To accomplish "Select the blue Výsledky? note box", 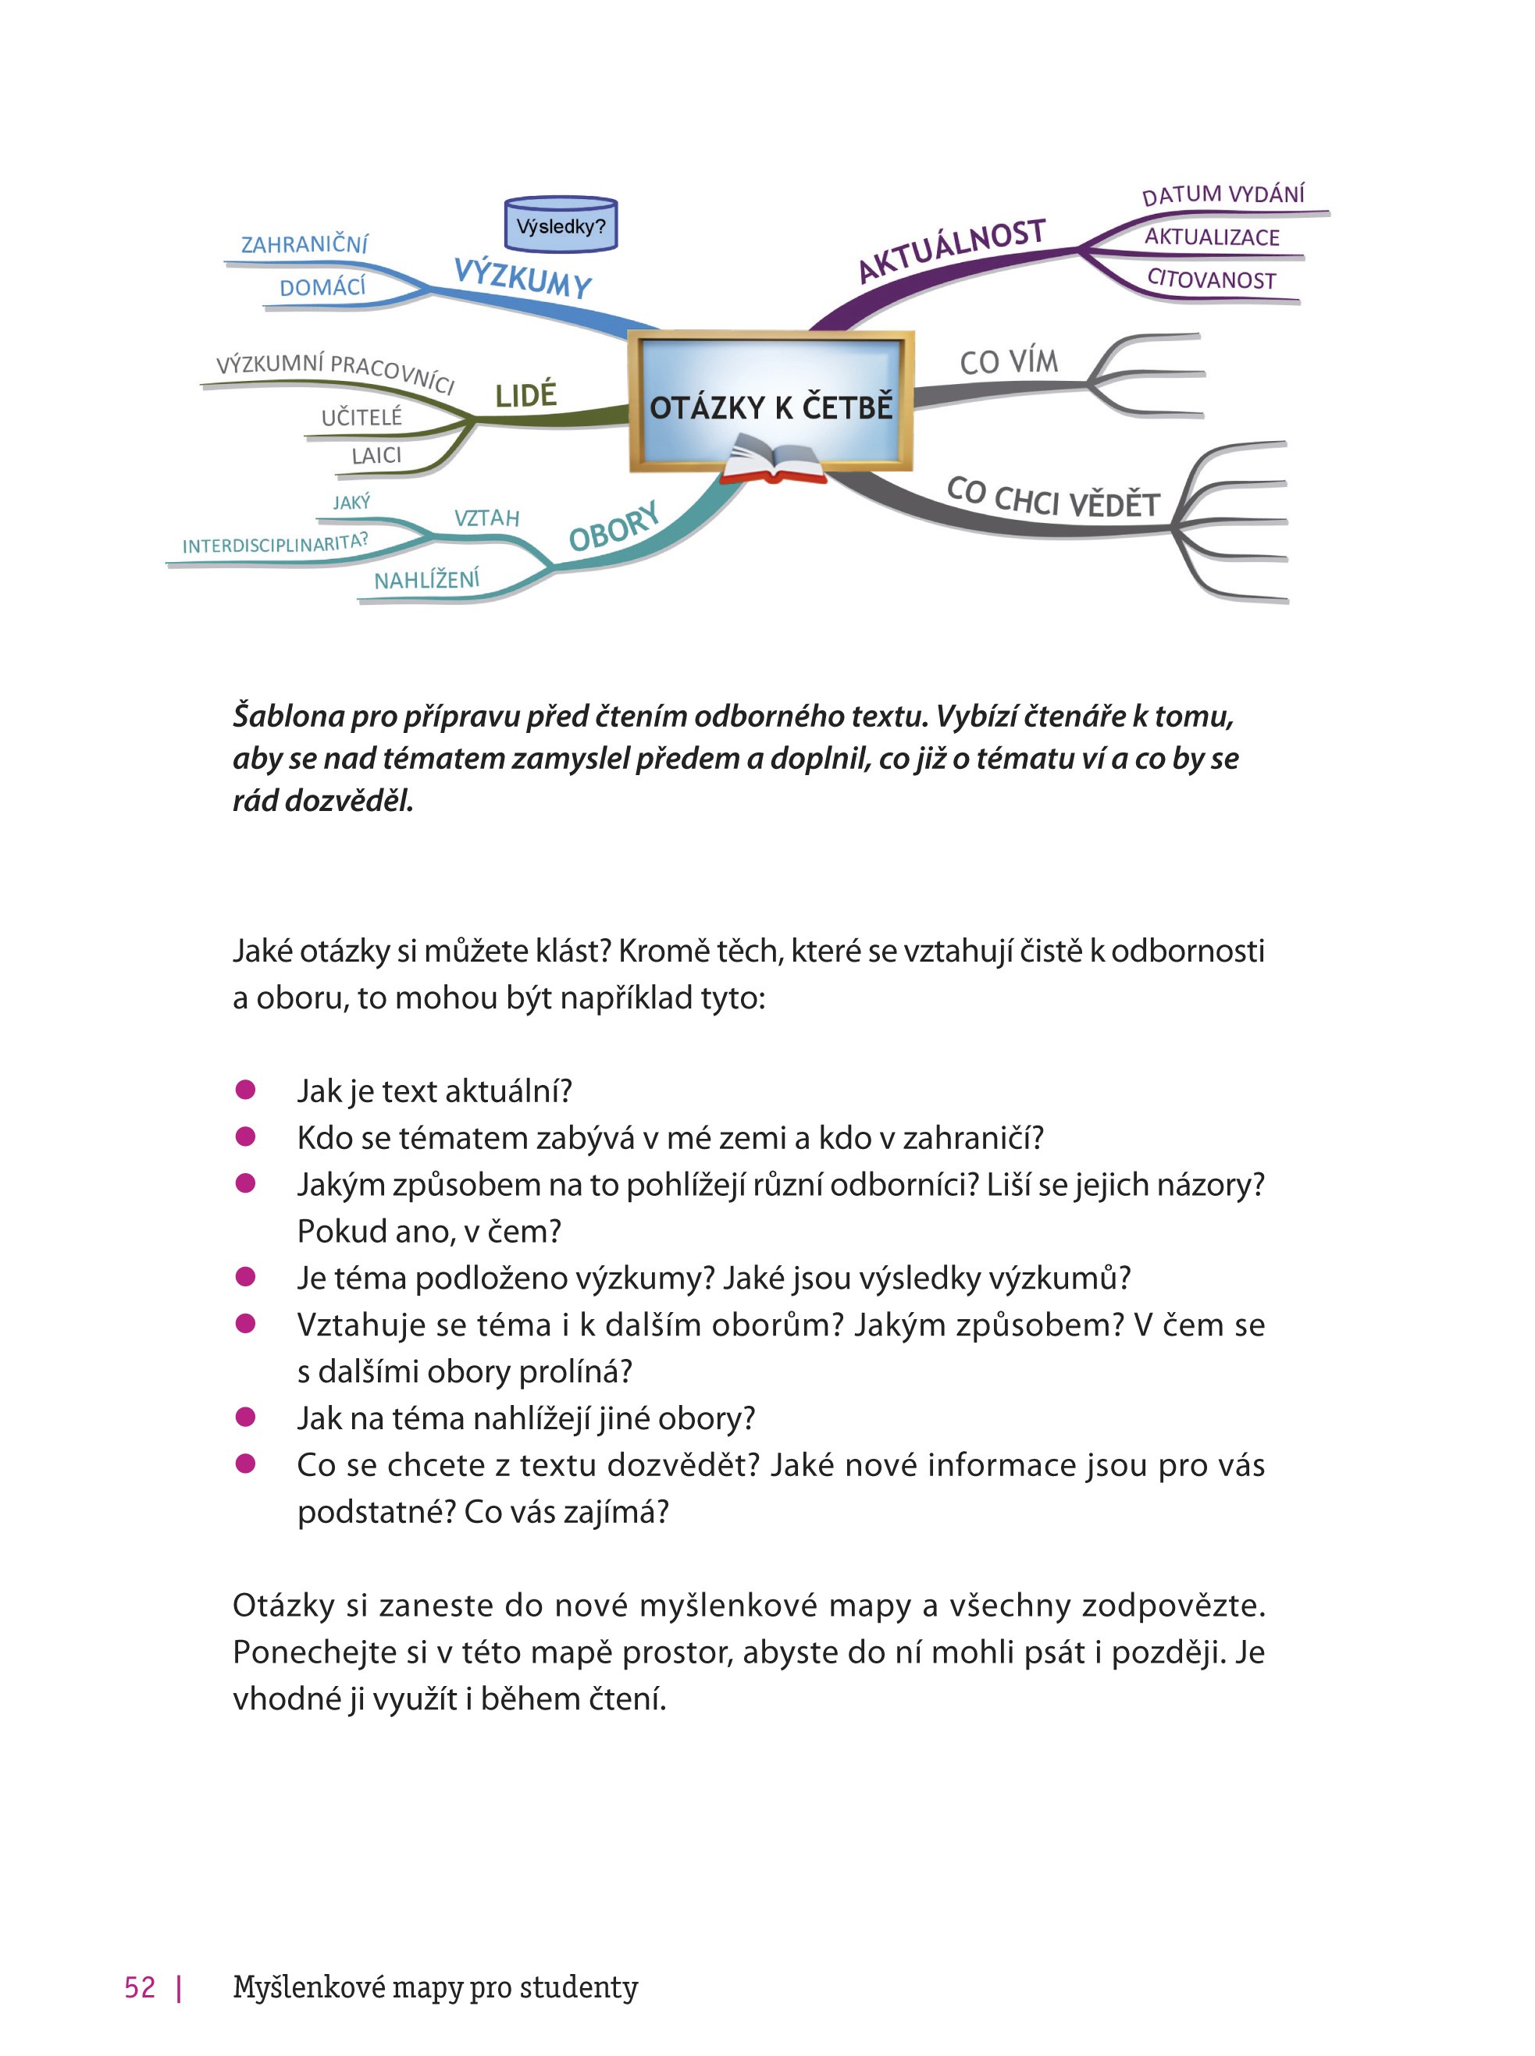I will [561, 224].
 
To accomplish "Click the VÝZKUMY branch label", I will [522, 277].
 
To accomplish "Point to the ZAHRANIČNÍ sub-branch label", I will [304, 244].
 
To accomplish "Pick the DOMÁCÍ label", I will [322, 287].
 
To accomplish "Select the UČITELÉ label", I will [361, 417].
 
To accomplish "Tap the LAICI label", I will [376, 455].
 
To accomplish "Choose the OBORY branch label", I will [613, 527].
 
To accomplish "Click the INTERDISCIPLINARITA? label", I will [275, 543].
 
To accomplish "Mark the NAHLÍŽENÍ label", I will [426, 581].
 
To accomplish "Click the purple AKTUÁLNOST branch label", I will [952, 249].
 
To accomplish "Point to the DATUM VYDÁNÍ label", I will [1223, 194].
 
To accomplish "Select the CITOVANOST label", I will [1212, 279].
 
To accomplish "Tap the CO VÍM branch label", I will [1009, 361].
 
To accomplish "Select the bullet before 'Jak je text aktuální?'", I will [245, 1090].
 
